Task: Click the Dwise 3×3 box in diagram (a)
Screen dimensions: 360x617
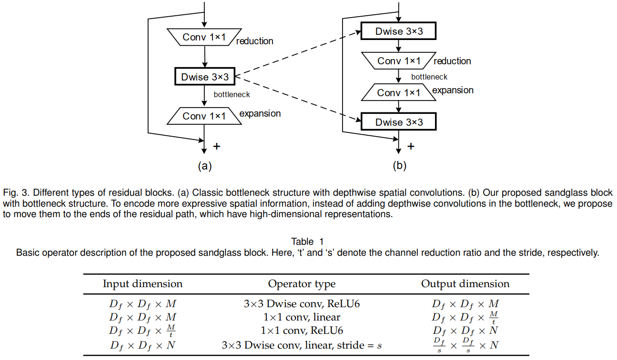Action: pyautogui.click(x=204, y=77)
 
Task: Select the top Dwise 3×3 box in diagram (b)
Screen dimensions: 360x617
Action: pyautogui.click(x=399, y=32)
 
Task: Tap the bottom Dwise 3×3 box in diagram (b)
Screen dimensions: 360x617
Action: pyautogui.click(x=399, y=122)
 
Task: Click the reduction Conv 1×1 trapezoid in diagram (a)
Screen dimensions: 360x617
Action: pyautogui.click(x=204, y=37)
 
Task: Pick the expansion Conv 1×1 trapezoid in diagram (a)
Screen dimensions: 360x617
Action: pyautogui.click(x=204, y=116)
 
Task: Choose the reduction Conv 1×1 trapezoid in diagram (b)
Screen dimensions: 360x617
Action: pyautogui.click(x=399, y=60)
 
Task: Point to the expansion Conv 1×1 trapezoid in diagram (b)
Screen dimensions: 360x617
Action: pyautogui.click(x=399, y=92)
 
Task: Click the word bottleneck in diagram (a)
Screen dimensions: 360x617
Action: pyautogui.click(x=232, y=94)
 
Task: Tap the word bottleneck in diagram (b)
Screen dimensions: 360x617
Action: pyautogui.click(x=429, y=77)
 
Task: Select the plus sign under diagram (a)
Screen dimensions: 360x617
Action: pyautogui.click(x=217, y=146)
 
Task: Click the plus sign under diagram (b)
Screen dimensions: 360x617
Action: pyautogui.click(x=411, y=146)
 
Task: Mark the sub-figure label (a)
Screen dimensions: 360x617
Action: pyautogui.click(x=204, y=166)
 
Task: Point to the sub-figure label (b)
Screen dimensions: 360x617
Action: pyautogui.click(x=399, y=166)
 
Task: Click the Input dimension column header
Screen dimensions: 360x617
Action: pyautogui.click(x=142, y=284)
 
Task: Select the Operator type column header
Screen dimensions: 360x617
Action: pyautogui.click(x=302, y=284)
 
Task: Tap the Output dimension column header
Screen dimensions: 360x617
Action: pyautogui.click(x=465, y=284)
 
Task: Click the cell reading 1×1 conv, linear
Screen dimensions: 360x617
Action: pyautogui.click(x=302, y=317)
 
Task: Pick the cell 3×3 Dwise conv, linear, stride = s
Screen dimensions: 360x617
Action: pyautogui.click(x=302, y=345)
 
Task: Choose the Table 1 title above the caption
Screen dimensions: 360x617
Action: pyautogui.click(x=307, y=241)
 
